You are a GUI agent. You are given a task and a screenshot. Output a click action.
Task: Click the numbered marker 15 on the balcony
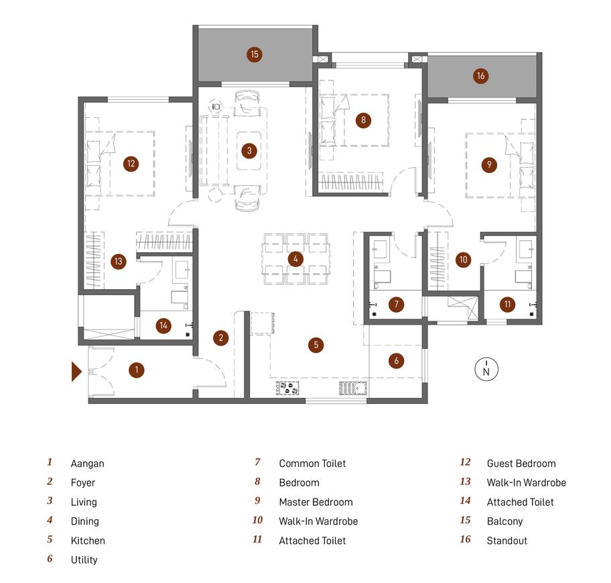coord(255,54)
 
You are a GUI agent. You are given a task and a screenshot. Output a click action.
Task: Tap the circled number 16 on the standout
coord(481,76)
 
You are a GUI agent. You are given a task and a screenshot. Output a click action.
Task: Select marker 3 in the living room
coord(249,151)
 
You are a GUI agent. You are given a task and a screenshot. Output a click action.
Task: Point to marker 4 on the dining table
coord(295,259)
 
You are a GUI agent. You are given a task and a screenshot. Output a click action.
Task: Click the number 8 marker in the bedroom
coord(363,120)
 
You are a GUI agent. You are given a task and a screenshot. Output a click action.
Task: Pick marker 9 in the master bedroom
coord(489,164)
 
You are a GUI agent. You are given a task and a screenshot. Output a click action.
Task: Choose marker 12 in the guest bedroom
coord(131,164)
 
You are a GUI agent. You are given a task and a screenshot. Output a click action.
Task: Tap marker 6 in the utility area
coord(397,360)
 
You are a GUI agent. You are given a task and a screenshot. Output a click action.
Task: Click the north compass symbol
coord(486,369)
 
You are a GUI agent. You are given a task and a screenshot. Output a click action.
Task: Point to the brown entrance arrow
coord(76,372)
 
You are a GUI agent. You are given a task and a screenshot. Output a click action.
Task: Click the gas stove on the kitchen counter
coord(287,388)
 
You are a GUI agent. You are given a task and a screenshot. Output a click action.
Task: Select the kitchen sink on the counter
coord(353,388)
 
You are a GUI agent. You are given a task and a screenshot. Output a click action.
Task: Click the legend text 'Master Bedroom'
coord(316,502)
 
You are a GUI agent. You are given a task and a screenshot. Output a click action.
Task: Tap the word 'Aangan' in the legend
coord(87,464)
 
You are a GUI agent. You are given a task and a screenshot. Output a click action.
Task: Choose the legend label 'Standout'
coord(506,541)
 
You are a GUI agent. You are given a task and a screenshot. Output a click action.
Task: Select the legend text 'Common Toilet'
coord(312,463)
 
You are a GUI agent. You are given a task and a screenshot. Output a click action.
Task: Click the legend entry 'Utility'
coord(84,560)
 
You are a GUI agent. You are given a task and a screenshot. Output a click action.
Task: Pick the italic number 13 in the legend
coord(465,482)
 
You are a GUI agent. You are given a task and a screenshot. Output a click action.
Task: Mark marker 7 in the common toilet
coord(397,304)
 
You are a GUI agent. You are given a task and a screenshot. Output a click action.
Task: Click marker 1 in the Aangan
coord(137,370)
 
